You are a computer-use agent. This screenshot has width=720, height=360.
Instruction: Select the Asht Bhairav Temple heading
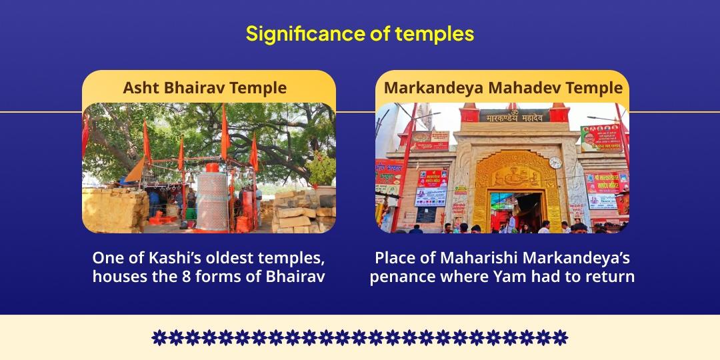205,87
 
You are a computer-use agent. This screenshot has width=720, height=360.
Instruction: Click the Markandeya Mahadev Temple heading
503,87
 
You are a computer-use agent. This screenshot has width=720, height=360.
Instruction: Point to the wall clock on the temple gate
555,163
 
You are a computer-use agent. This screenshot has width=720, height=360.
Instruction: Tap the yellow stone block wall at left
114,209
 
